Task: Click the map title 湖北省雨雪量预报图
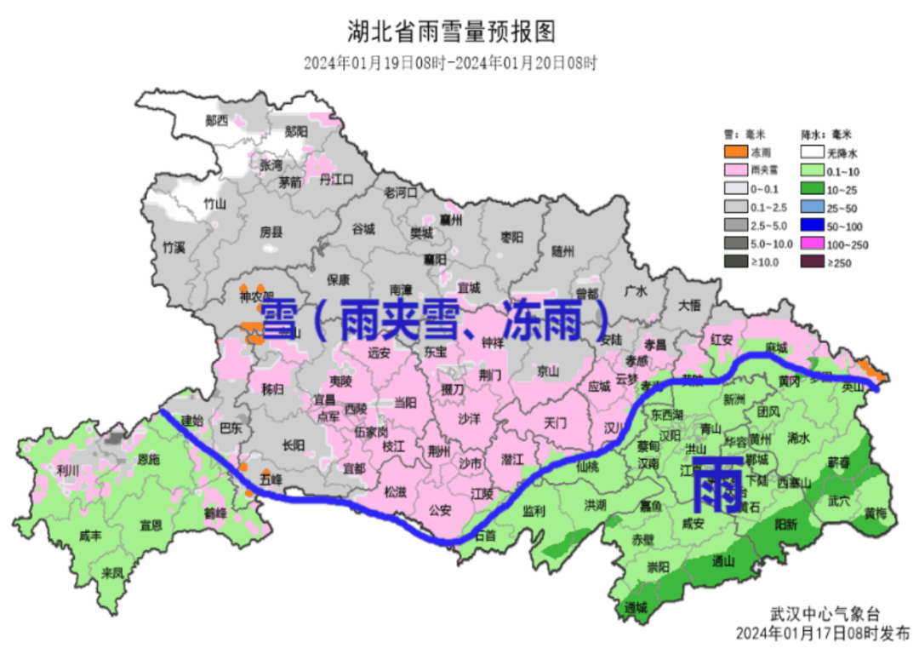tap(451, 32)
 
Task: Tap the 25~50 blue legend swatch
tap(813, 207)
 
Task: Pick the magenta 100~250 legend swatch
tap(813, 244)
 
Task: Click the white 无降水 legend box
tap(813, 152)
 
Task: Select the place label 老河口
tap(401, 192)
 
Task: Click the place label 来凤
tap(112, 571)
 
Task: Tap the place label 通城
tap(636, 607)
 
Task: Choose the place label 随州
tap(563, 251)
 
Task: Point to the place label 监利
tap(534, 511)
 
